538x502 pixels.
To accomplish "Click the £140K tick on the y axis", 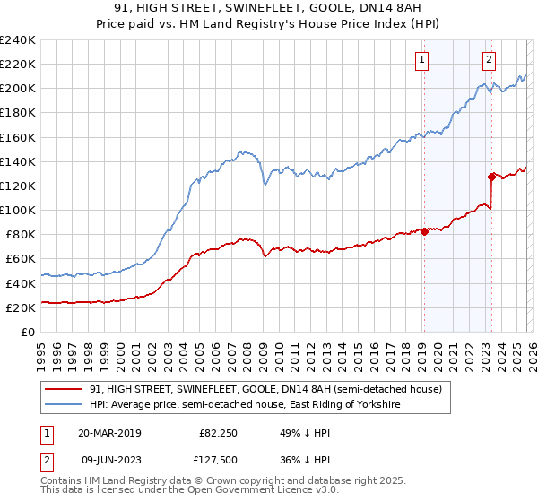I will tap(17, 161).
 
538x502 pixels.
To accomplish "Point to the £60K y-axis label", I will tap(20, 259).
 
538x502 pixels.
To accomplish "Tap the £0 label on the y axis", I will tap(28, 332).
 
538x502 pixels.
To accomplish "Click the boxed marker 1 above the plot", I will tap(421, 60).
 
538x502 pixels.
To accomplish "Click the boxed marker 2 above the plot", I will tap(489, 60).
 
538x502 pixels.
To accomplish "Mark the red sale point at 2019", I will tap(424, 231).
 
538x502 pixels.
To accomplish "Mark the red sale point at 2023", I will tap(491, 177).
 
